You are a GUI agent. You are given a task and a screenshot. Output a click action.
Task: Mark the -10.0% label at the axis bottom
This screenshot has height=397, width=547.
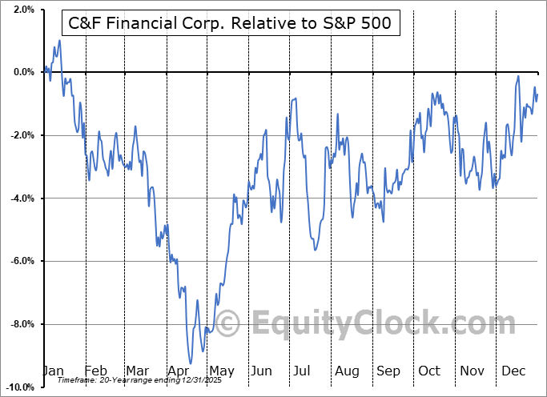[18, 387]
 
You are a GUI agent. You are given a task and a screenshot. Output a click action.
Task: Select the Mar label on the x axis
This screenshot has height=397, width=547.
[137, 371]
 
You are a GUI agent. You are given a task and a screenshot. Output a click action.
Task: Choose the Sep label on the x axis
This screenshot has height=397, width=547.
[388, 371]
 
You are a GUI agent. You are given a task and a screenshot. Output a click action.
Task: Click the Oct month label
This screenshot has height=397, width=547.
[429, 371]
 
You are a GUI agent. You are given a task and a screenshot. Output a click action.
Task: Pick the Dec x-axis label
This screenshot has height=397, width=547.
[513, 371]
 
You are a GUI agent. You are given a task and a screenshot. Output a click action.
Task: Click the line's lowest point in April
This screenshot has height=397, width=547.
[190, 363]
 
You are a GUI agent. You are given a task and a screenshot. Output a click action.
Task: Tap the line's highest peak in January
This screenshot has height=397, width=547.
[59, 40]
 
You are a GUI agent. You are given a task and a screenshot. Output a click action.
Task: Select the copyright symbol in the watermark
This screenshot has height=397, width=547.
[228, 323]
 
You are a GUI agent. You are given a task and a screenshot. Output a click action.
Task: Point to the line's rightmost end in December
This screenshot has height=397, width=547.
[537, 94]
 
